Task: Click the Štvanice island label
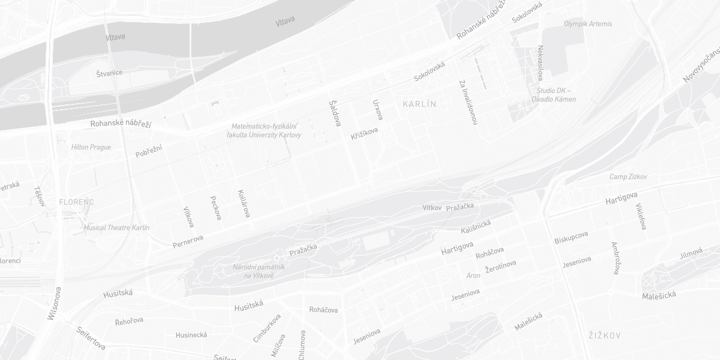tap(109, 73)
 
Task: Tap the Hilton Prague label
tap(91, 147)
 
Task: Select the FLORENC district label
tap(76, 202)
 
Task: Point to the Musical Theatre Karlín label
tap(116, 228)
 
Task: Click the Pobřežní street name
tap(149, 151)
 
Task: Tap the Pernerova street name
tap(188, 241)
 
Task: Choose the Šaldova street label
tap(335, 113)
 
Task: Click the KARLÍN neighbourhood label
tap(419, 104)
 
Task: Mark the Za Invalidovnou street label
tap(469, 102)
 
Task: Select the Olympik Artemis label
tap(588, 24)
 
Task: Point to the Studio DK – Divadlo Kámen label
tap(554, 95)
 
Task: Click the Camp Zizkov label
tap(628, 177)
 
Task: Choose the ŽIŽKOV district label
tap(604, 335)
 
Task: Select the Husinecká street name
tap(191, 335)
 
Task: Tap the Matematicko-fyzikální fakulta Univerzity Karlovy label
tap(264, 131)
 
